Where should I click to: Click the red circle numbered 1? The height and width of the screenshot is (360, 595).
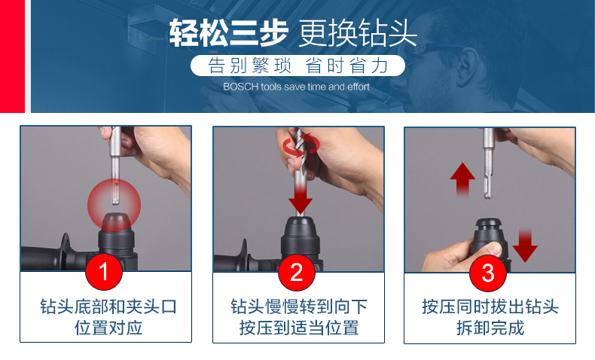tap(104, 272)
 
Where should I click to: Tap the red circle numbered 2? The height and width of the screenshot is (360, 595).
tap(296, 273)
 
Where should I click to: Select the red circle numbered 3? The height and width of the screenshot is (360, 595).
tap(488, 273)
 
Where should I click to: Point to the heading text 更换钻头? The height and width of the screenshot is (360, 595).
tap(358, 33)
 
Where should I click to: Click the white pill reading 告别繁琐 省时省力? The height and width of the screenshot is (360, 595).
tap(298, 66)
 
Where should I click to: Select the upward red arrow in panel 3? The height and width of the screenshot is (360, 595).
tap(462, 179)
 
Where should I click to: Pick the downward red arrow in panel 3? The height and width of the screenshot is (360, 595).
tap(525, 246)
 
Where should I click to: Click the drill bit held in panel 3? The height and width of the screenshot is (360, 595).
tap(488, 163)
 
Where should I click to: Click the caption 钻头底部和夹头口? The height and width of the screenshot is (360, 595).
tap(108, 307)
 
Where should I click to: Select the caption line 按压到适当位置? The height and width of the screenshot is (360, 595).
tap(299, 328)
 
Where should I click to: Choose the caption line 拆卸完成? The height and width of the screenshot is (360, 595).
tap(490, 328)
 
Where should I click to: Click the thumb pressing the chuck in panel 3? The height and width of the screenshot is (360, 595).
tap(493, 249)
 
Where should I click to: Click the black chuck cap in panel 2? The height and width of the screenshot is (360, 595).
tap(300, 224)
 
